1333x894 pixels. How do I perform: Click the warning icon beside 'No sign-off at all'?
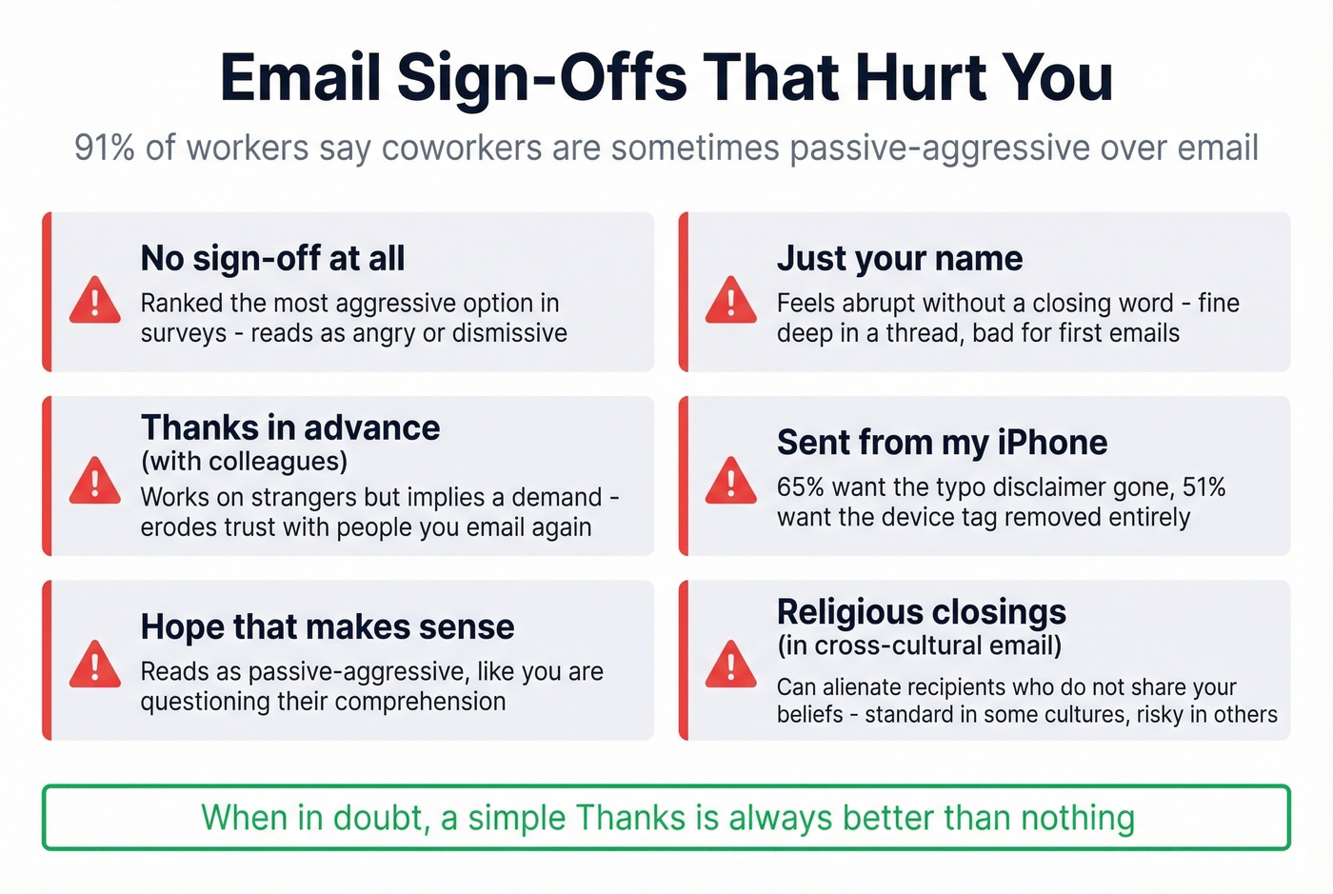pos(95,300)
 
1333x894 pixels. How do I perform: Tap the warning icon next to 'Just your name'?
pos(731,300)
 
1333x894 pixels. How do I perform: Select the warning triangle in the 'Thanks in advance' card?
pos(95,481)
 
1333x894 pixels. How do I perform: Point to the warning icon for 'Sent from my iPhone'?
pos(731,481)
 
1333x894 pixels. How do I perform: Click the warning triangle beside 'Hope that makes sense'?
pos(95,665)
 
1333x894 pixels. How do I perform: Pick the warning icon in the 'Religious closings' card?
pos(731,665)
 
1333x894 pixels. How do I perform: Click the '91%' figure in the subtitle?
pos(104,149)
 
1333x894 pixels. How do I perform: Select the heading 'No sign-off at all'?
pos(272,258)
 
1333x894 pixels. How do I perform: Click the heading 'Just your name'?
pos(899,258)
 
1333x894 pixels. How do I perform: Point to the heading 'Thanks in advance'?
pos(290,427)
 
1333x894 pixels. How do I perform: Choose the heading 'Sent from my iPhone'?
pos(942,443)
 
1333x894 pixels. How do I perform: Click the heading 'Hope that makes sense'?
pos(328,626)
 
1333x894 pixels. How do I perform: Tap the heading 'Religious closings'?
pos(921,611)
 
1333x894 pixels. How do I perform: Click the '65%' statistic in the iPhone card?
pos(800,487)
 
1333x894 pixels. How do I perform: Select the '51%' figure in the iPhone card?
pos(1204,487)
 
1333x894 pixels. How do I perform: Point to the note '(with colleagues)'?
pos(244,462)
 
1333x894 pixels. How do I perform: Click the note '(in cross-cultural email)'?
pos(919,646)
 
